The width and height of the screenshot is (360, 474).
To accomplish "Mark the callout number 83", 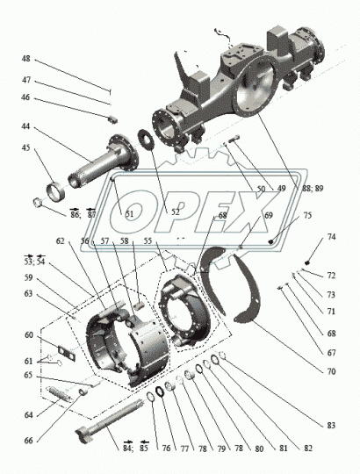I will click(329, 425).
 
